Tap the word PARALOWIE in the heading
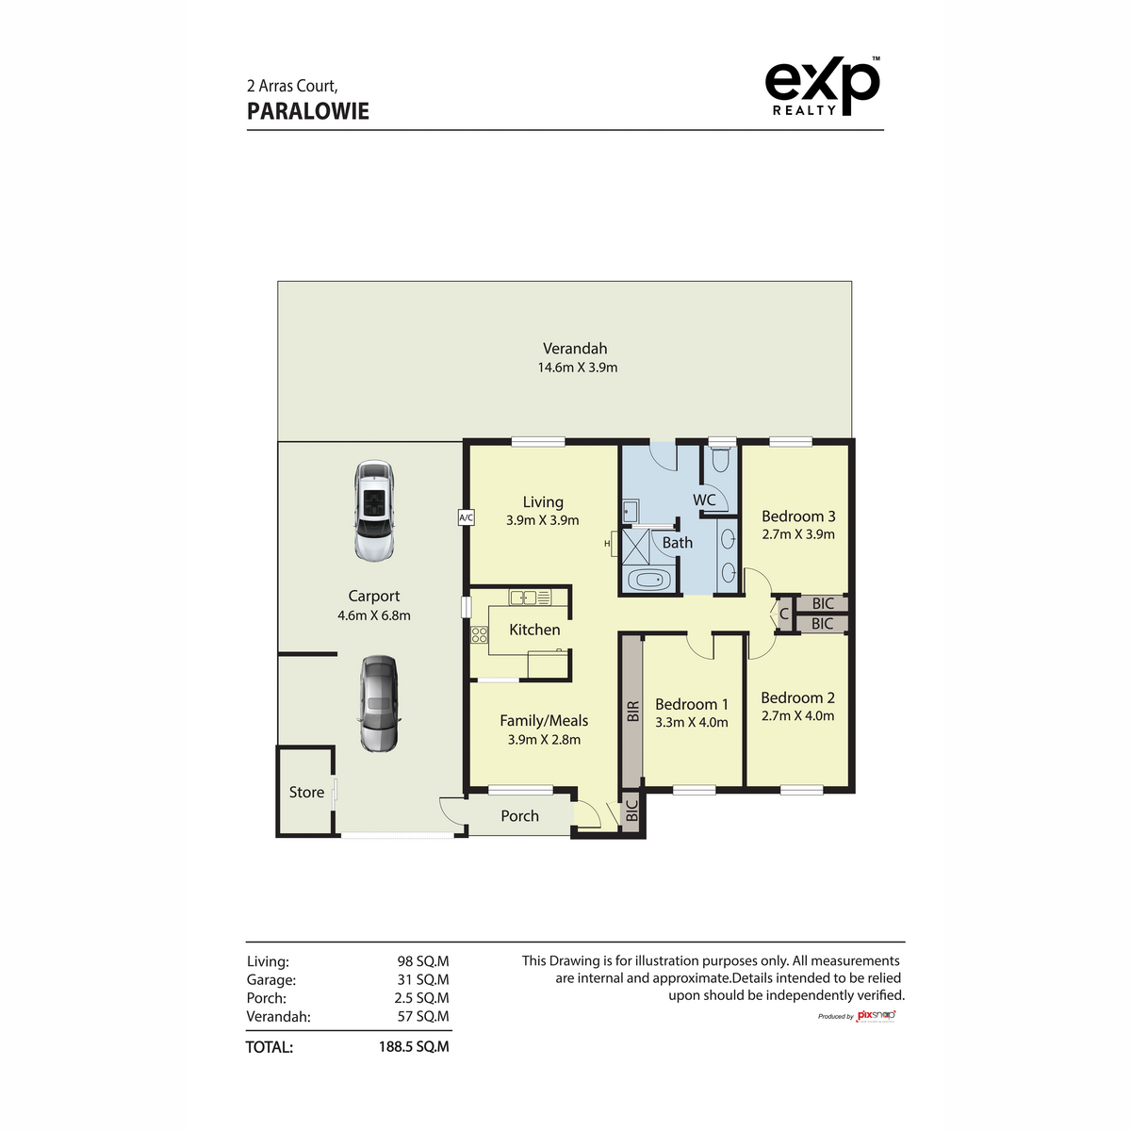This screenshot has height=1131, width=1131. [308, 111]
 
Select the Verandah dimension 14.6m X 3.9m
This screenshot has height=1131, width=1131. [578, 368]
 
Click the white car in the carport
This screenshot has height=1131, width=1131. [373, 510]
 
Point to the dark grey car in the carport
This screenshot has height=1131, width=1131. [379, 703]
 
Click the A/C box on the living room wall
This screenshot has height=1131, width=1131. [466, 517]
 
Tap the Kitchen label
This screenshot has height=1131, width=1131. [534, 630]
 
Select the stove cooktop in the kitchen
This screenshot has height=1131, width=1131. [480, 635]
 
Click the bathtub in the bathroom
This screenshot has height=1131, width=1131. [647, 580]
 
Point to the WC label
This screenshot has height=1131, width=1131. [704, 500]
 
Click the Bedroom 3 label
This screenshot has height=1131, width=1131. [798, 516]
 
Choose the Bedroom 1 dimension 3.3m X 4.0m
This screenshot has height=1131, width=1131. [692, 722]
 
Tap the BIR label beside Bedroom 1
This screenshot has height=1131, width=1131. [632, 712]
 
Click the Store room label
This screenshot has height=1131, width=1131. [306, 793]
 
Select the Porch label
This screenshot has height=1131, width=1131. [519, 816]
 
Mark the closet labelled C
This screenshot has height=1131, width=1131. [783, 615]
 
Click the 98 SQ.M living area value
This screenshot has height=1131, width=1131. [422, 961]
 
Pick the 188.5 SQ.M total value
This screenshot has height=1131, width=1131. [414, 1047]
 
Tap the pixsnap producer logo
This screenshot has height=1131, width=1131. [876, 1015]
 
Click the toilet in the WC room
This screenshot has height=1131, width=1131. [722, 460]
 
